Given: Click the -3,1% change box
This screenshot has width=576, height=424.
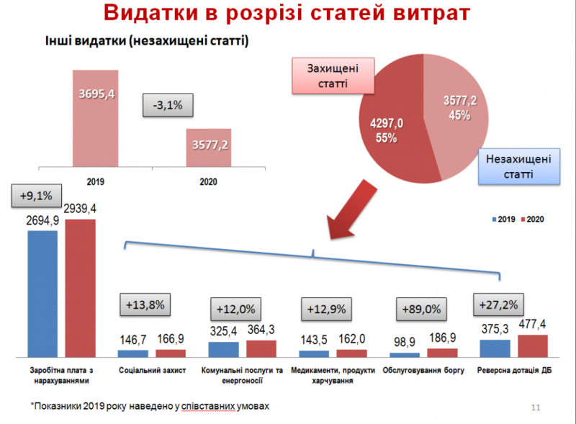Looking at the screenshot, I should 168,105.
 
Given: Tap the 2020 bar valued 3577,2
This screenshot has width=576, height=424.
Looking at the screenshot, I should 210,148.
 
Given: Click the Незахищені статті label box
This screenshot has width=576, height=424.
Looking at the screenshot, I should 518,166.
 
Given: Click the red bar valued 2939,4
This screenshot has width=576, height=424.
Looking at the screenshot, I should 80,288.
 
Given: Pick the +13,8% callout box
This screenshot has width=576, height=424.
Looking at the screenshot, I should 145,305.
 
